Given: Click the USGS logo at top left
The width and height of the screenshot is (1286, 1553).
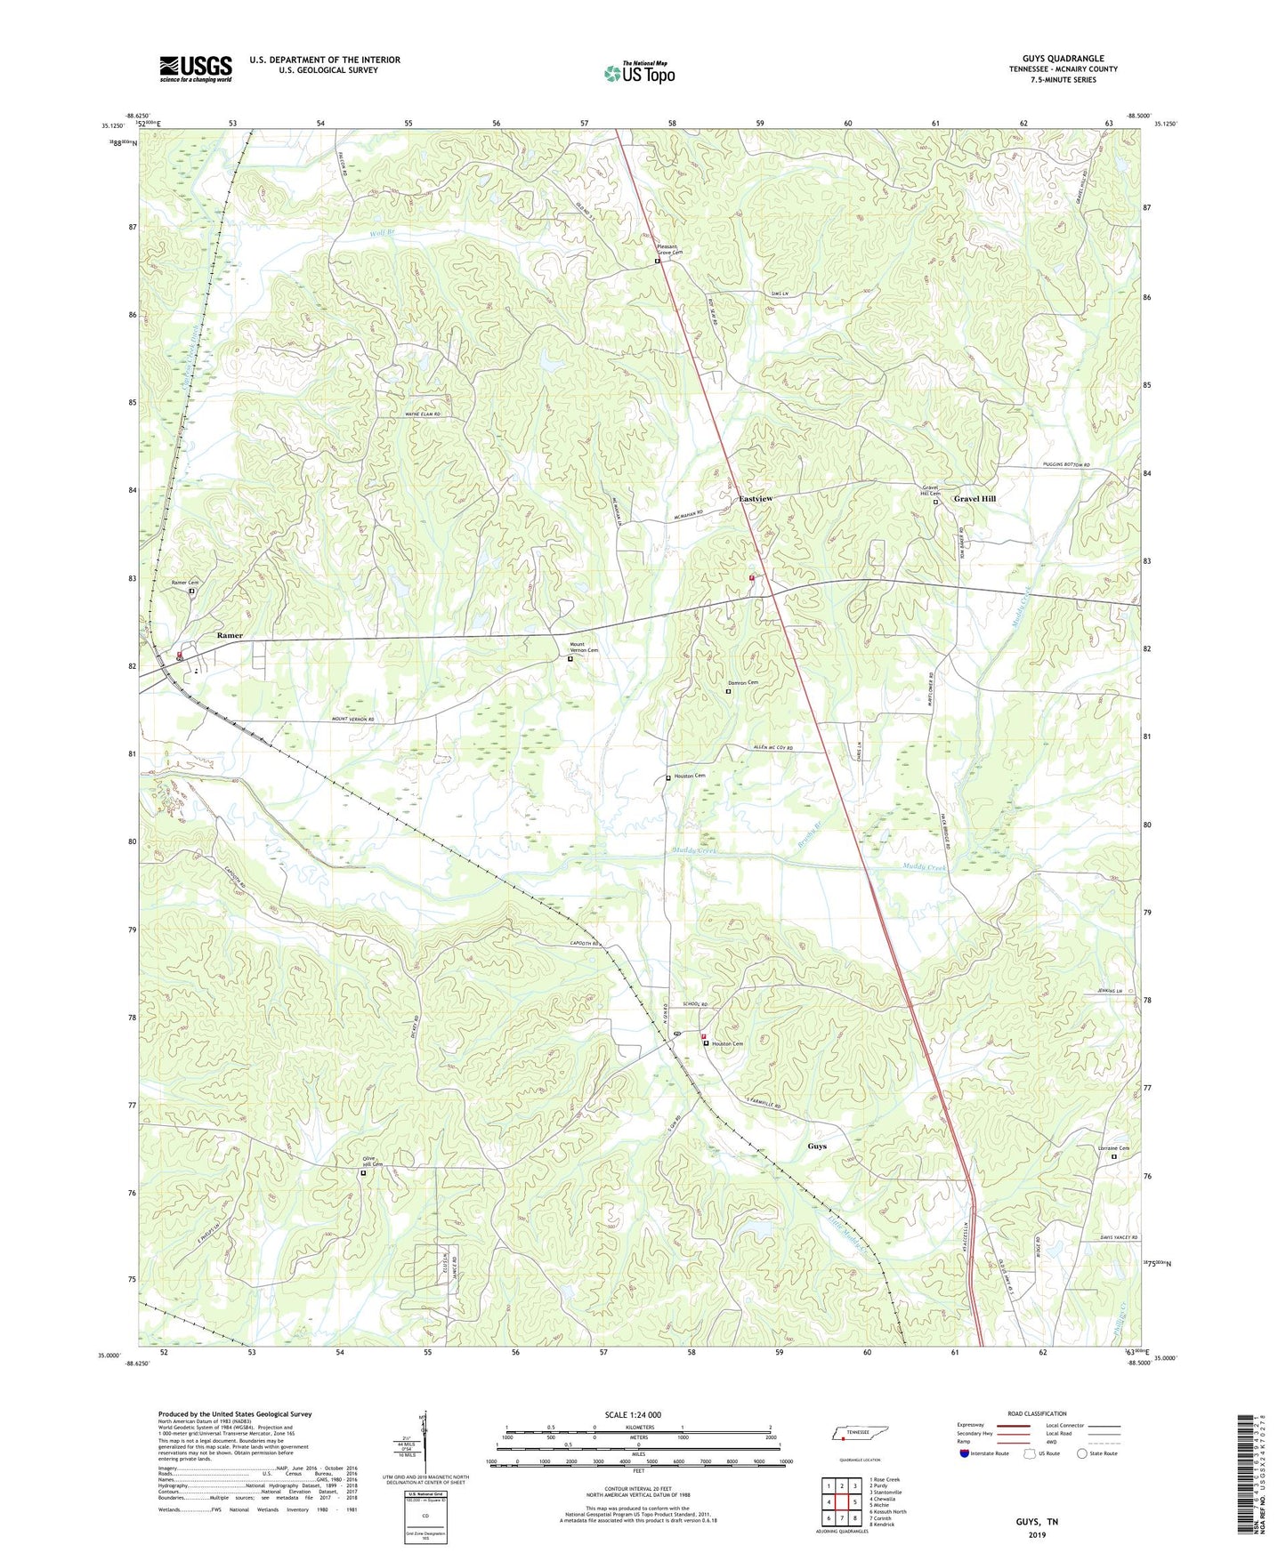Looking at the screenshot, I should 196,68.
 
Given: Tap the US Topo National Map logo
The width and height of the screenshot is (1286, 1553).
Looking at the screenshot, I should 639,72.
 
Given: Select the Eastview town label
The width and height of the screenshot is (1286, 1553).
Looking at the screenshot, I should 756,499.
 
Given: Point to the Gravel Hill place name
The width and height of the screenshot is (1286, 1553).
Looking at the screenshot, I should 975,499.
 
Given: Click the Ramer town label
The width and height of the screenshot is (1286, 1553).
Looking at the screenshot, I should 230,636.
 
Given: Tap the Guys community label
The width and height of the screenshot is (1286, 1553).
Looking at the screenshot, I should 816,1146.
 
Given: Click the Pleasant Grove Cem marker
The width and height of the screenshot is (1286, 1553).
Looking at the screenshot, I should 658,262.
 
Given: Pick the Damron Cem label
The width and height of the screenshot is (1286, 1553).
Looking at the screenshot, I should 746,683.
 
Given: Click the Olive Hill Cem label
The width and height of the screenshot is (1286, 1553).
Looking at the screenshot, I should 371,1162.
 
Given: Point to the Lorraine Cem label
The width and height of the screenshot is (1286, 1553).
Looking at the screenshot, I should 1112,1148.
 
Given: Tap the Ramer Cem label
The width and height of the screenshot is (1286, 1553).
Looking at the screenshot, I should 185,583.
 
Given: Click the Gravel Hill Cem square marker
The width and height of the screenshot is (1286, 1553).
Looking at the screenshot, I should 935,502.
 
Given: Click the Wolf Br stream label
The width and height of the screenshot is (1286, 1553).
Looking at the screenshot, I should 383,233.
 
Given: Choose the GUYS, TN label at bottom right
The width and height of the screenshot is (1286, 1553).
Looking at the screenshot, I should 1036,1522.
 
